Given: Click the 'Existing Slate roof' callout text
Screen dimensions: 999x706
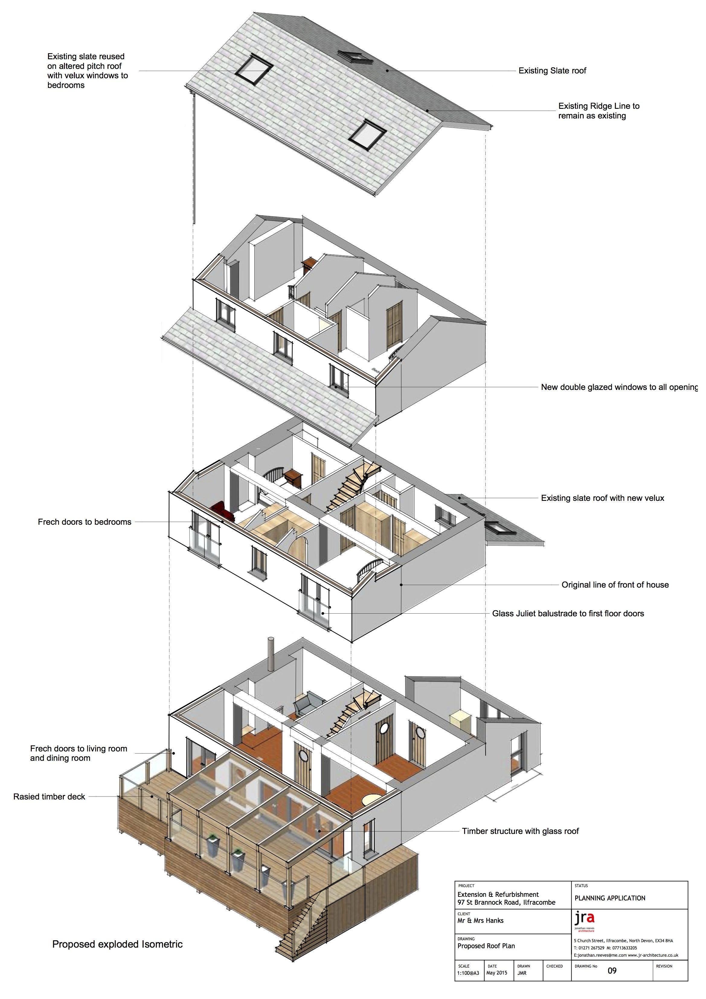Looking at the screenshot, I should pyautogui.click(x=552, y=70).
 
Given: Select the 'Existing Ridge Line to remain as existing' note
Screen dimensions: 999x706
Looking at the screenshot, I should pyautogui.click(x=598, y=111).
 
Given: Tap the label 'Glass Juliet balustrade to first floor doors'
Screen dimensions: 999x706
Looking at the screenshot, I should pyautogui.click(x=568, y=614).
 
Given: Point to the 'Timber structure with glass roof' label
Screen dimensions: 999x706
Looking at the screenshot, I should pyautogui.click(x=520, y=831).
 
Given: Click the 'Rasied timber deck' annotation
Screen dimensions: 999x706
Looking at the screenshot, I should pyautogui.click(x=49, y=797).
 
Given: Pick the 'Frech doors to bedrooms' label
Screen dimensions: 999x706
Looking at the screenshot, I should pyautogui.click(x=84, y=522).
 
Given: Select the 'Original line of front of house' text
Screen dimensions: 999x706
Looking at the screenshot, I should pyautogui.click(x=615, y=585).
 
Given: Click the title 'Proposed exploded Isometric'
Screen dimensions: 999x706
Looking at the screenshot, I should pyautogui.click(x=117, y=944).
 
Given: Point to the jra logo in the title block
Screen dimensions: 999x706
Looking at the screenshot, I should pyautogui.click(x=584, y=919).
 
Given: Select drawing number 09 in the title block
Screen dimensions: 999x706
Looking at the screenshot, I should pyautogui.click(x=612, y=971).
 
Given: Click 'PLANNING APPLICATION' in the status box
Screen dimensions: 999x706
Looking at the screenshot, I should pyautogui.click(x=609, y=898).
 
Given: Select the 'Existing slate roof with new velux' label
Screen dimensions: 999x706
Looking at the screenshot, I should pyautogui.click(x=602, y=498).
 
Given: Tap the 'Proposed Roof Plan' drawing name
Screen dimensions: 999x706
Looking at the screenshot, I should pyautogui.click(x=486, y=946).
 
